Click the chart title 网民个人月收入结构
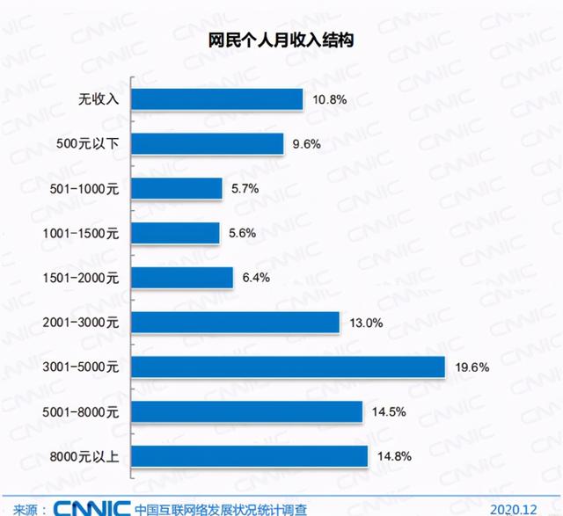(282, 40)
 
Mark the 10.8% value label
(330, 100)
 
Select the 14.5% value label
(389, 411)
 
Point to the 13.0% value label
(365, 323)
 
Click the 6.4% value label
(257, 278)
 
